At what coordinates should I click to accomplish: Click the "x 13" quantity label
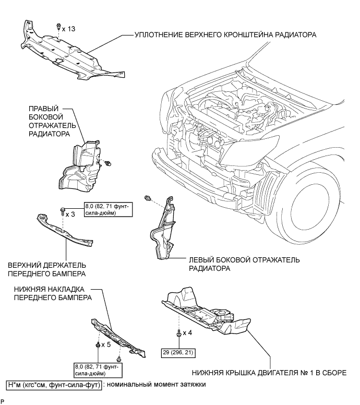(x=68, y=29)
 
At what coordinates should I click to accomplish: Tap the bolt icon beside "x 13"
(x=58, y=27)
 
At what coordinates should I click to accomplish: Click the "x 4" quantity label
(x=187, y=332)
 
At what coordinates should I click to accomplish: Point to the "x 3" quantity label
(x=70, y=214)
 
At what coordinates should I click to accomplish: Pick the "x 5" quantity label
(x=106, y=344)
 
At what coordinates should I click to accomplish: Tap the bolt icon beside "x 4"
(x=179, y=333)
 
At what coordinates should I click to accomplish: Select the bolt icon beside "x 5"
(x=98, y=346)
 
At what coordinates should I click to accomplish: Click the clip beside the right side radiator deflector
(x=109, y=163)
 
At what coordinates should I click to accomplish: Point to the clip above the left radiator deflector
(x=148, y=198)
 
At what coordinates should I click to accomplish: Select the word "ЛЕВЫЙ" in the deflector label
(x=201, y=260)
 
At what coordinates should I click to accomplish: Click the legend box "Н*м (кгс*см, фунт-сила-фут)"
(x=54, y=385)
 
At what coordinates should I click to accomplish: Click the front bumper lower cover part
(x=118, y=338)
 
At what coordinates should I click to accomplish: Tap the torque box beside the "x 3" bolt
(x=109, y=209)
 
